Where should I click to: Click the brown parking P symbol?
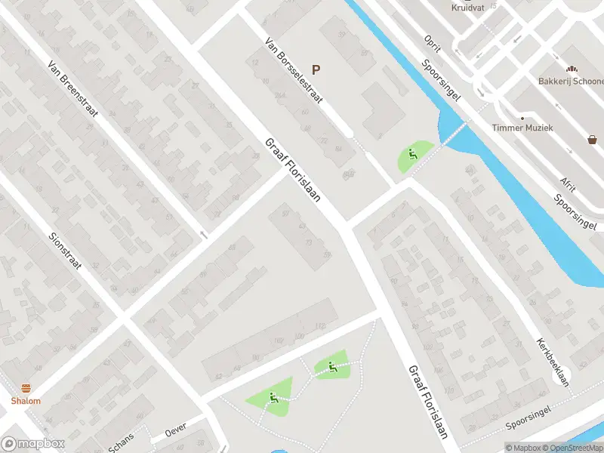coord(316,69)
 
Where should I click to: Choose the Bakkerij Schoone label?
coord(572,81)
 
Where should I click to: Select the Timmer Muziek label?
coord(522,128)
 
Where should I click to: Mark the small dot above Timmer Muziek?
coord(521,118)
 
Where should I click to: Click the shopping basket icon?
coord(593,139)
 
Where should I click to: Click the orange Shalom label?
coord(26,401)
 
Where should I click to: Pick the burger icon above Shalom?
coord(26,388)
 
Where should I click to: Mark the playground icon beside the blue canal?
coord(412,155)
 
